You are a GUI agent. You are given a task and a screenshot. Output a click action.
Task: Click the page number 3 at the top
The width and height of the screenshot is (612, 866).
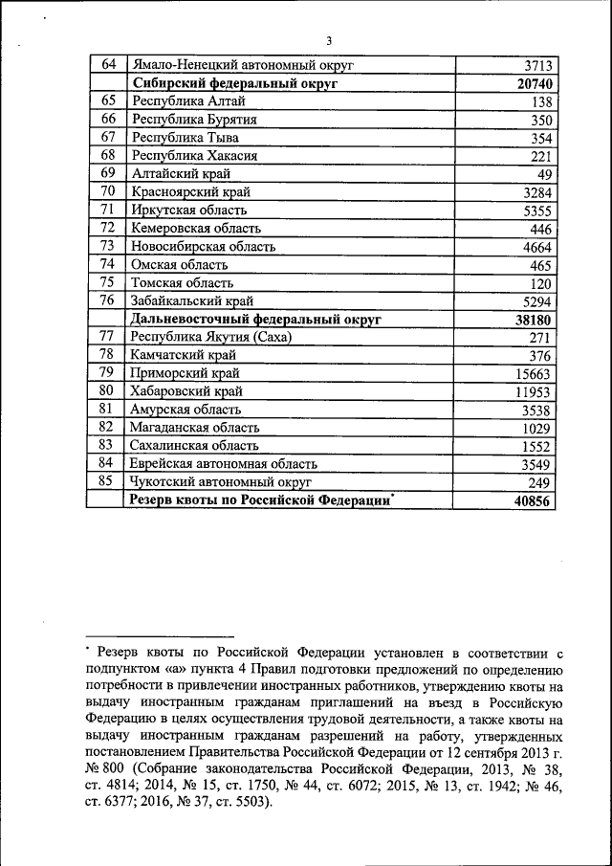pyautogui.click(x=328, y=40)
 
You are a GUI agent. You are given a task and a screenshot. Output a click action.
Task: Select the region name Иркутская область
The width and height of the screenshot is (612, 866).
pyautogui.click(x=189, y=210)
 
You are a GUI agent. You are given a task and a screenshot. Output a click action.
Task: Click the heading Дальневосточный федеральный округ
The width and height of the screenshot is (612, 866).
pyautogui.click(x=256, y=319)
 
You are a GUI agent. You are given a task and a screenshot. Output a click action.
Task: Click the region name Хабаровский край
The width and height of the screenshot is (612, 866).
pyautogui.click(x=187, y=391)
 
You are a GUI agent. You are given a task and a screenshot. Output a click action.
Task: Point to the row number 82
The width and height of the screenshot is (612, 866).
pyautogui.click(x=107, y=428)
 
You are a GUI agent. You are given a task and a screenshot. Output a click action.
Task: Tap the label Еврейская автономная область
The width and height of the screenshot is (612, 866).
pyautogui.click(x=224, y=464)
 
